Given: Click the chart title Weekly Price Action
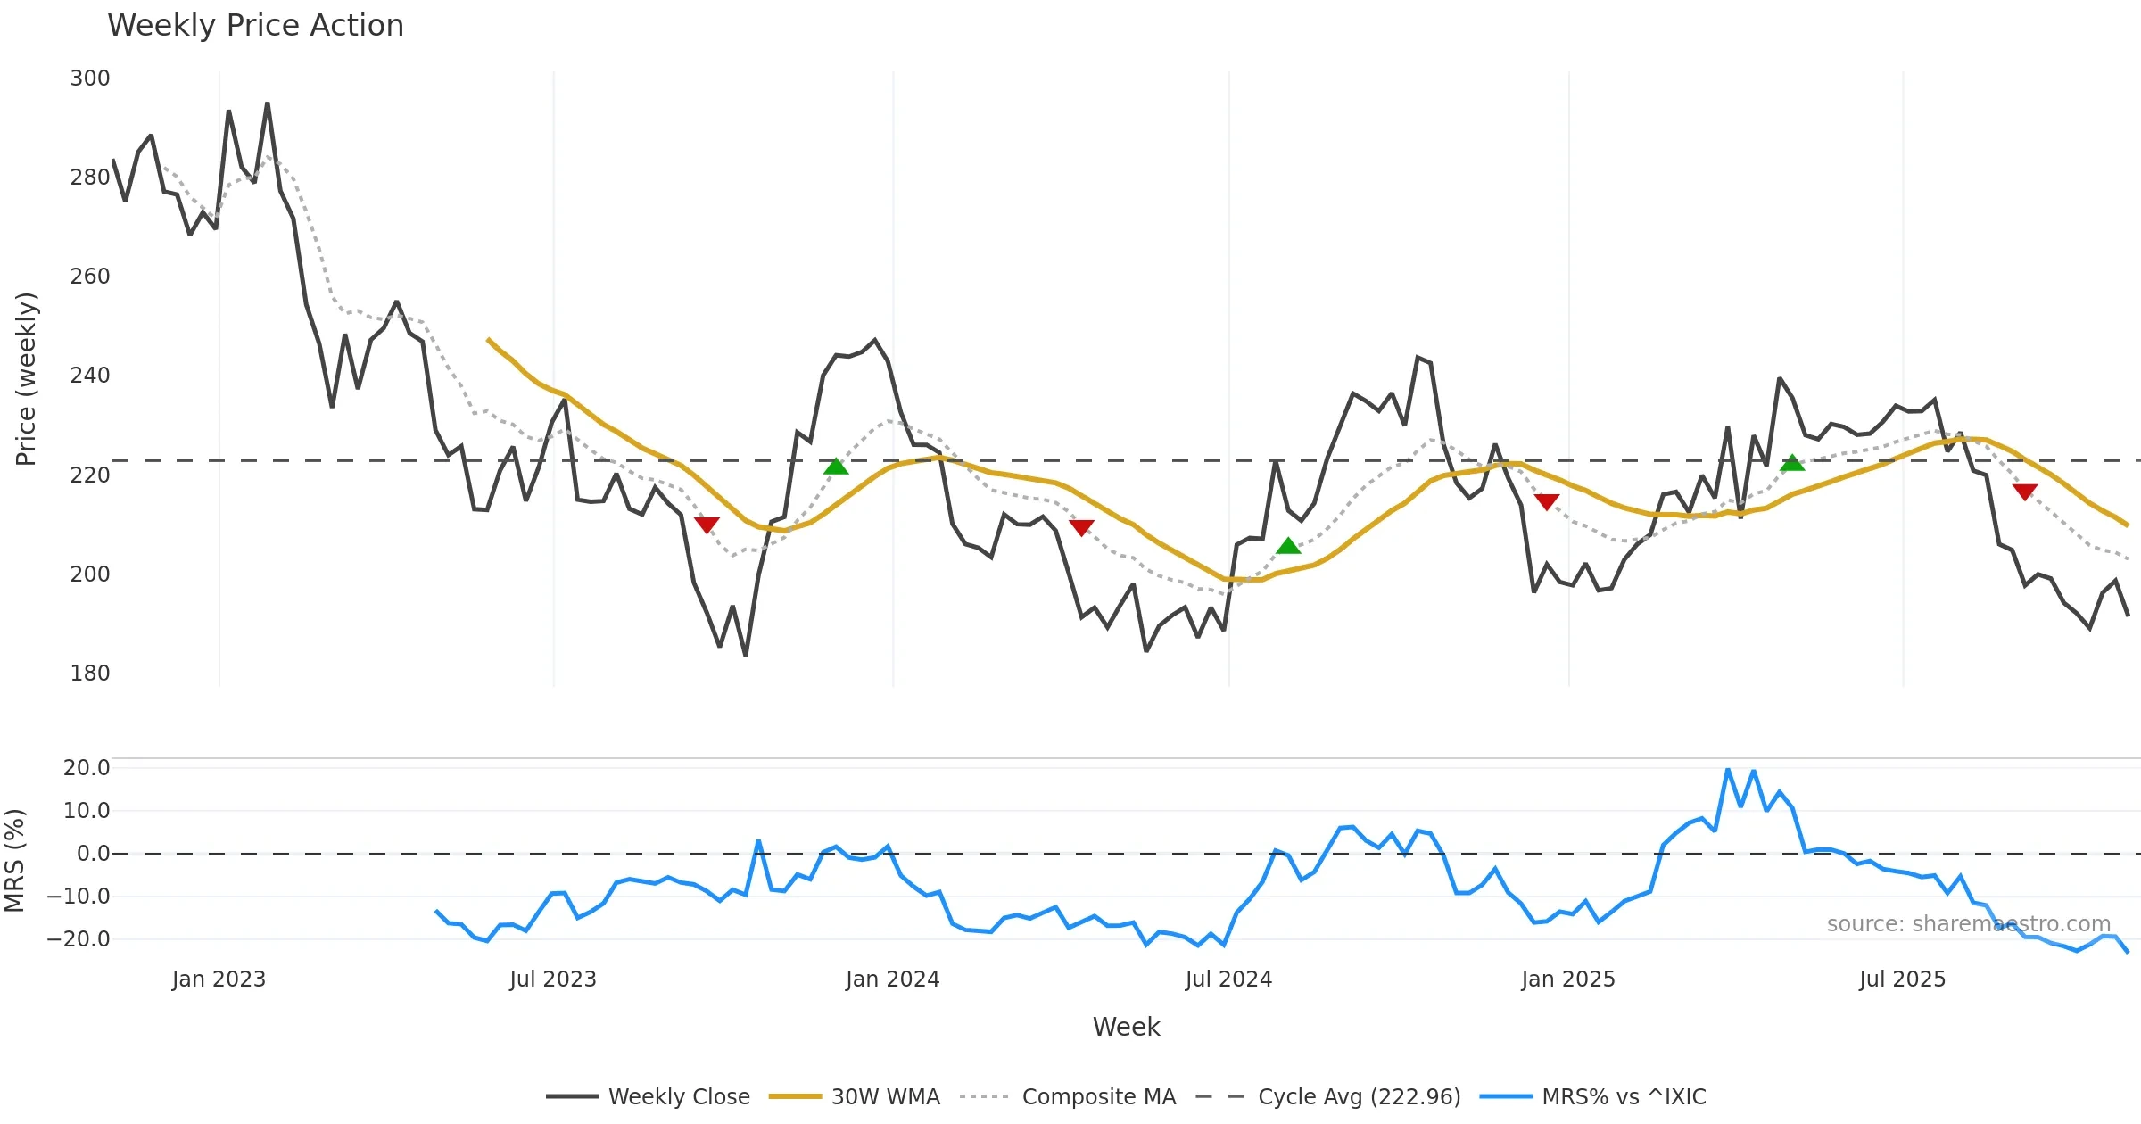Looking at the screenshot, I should (255, 26).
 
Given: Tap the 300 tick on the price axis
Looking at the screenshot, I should (90, 79).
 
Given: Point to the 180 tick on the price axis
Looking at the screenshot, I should (90, 674).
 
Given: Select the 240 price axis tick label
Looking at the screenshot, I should (90, 376).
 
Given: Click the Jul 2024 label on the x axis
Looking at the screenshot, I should (1228, 979).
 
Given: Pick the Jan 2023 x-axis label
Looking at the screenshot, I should (219, 979).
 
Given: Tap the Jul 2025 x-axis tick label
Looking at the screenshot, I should (1902, 979).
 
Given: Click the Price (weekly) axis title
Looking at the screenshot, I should (26, 379).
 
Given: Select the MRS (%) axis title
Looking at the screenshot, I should (14, 861).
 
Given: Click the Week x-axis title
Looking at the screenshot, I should (1126, 1028).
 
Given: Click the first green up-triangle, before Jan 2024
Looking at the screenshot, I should (836, 467).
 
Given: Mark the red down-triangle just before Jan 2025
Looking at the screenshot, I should (1547, 502).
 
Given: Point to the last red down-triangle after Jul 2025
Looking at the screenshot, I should (2025, 492).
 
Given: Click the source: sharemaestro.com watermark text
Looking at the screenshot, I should (1968, 924).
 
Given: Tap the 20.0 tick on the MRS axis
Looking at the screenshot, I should (87, 768).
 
